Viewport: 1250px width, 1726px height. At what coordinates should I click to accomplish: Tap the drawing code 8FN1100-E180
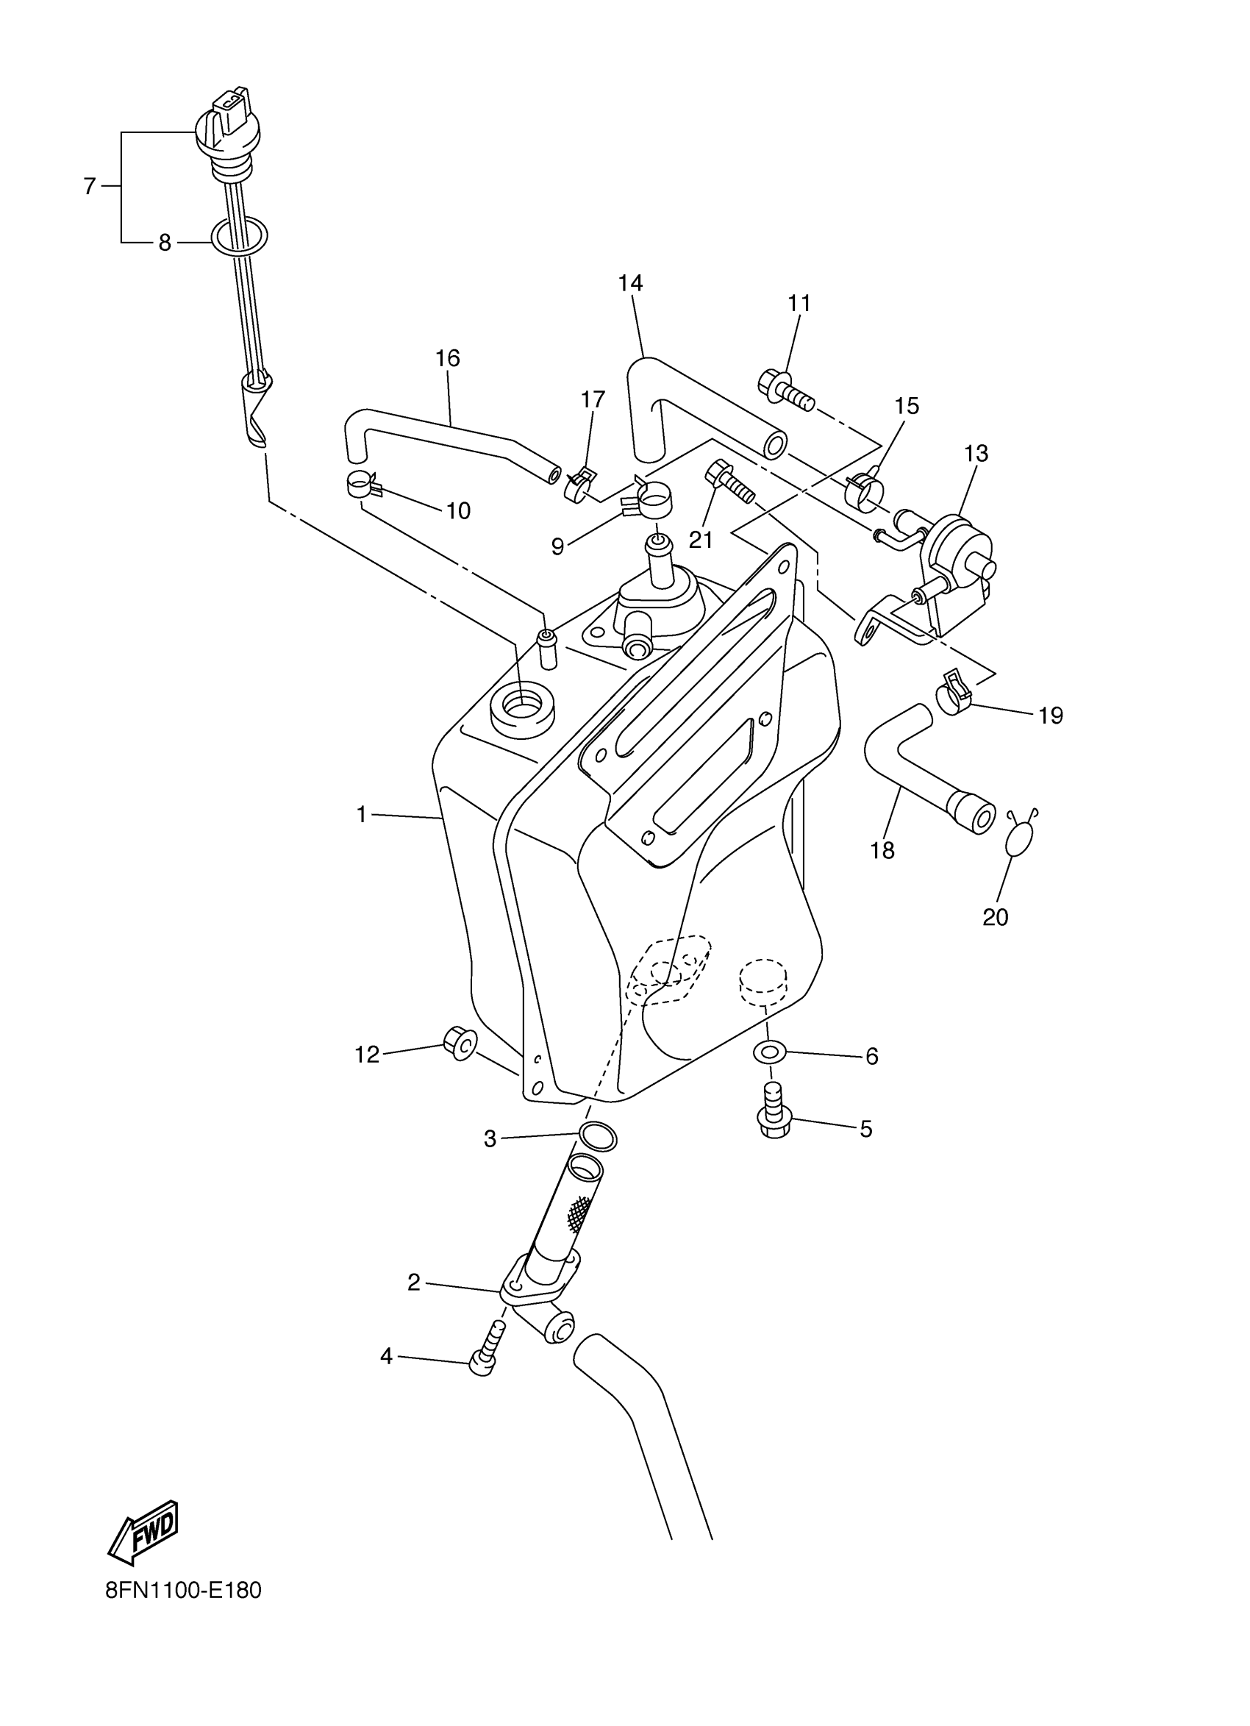183,1612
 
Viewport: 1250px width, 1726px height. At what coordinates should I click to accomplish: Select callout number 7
90,185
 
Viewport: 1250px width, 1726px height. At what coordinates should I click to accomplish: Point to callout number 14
630,284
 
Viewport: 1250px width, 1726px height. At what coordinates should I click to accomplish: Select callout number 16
448,358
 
